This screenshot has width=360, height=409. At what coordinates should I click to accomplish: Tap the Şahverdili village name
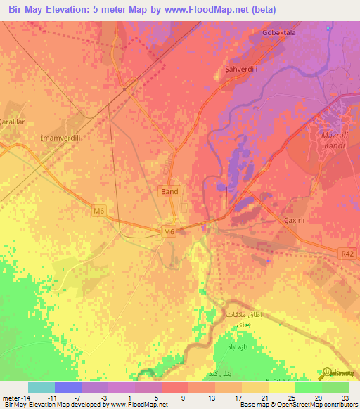click(233, 71)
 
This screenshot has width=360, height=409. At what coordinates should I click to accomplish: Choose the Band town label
click(169, 191)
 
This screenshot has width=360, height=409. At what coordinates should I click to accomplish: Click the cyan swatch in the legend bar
click(41, 387)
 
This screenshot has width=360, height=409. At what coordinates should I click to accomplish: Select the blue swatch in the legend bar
click(67, 387)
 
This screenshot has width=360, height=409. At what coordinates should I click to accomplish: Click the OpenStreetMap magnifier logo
click(326, 373)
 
